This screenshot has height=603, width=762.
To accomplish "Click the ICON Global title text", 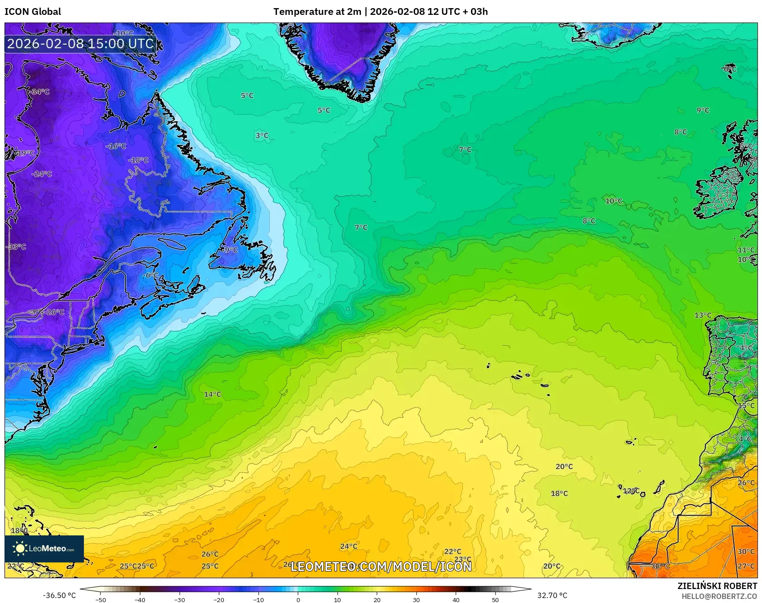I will coord(32,11).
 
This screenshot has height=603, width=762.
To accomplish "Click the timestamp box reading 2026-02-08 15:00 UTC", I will coord(80,44).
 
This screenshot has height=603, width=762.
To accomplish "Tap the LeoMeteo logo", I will coord(44,548).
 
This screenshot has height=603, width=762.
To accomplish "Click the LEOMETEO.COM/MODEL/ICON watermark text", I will coord(381,566).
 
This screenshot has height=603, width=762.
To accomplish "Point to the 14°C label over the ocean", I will coord(212,394).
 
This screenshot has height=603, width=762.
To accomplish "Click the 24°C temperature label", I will coord(348,546).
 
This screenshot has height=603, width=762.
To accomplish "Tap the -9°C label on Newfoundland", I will coord(230,250).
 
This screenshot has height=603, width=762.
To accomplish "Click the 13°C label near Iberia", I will coord(702,315).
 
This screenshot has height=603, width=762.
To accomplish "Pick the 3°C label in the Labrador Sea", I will coord(262,135).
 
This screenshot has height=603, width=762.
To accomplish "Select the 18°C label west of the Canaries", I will coord(559,493).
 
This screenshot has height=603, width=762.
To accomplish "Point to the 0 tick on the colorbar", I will coord(298,599).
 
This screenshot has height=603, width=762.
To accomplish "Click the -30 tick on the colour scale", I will coord(180,599).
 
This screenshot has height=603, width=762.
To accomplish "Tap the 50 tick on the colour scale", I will coord(495,599).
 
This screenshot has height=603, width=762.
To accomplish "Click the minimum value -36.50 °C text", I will coord(59,595).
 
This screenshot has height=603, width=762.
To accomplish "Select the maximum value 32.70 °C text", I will coord(552,595).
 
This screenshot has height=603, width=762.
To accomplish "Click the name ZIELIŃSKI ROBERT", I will coord(717,586).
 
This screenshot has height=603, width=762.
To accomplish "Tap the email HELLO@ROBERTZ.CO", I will coord(719,596).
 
